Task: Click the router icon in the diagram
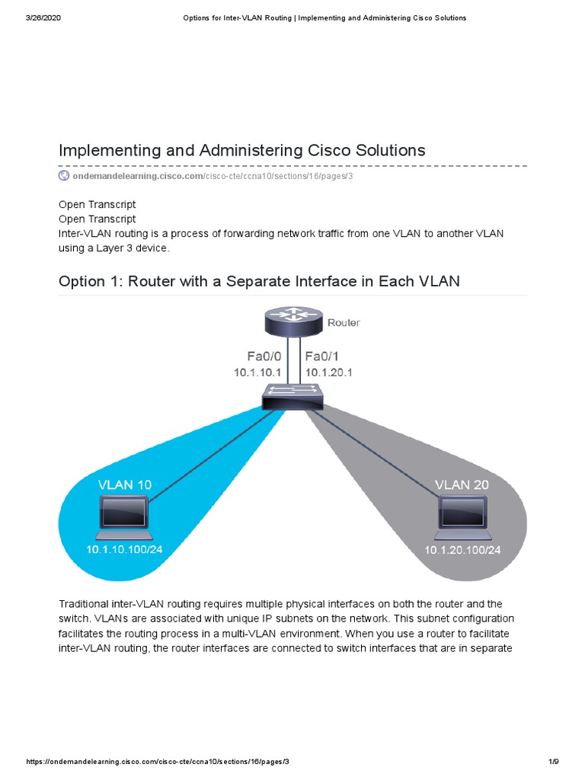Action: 293,322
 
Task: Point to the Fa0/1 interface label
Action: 321,356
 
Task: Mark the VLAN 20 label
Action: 462,484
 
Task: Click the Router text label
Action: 344,323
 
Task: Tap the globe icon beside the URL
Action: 64,176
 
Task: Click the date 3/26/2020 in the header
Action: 43,18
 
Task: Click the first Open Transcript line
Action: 97,205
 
